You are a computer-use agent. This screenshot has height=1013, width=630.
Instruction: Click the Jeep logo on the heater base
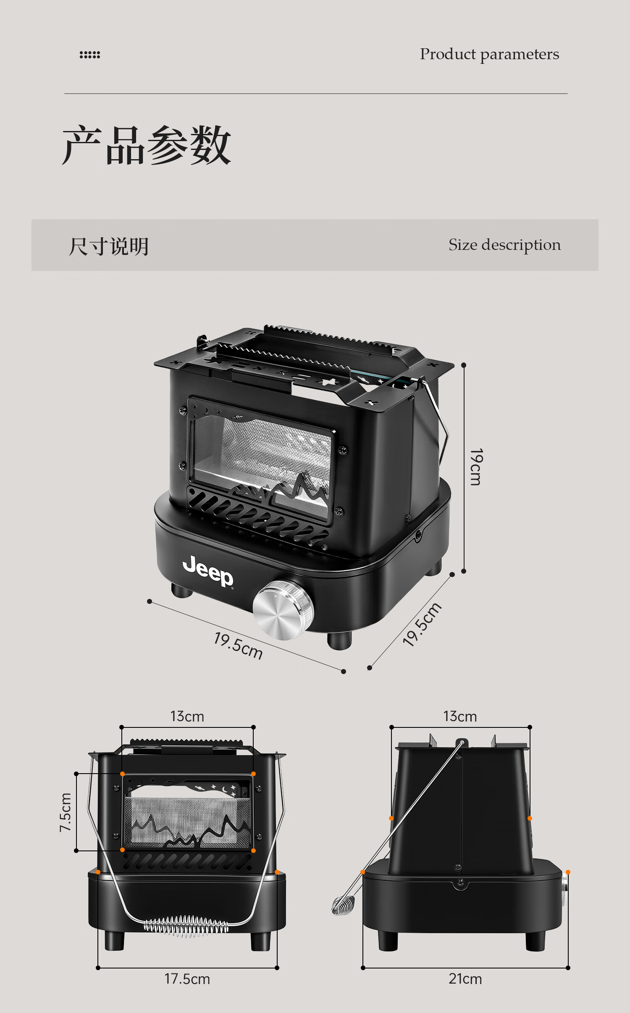click(x=208, y=570)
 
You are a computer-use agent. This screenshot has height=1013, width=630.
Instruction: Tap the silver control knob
click(x=283, y=610)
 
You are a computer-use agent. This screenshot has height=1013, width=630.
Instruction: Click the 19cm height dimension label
click(x=476, y=467)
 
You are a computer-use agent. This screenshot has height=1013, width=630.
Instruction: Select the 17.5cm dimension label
click(x=187, y=979)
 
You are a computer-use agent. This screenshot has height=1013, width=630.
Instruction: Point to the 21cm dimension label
click(x=465, y=979)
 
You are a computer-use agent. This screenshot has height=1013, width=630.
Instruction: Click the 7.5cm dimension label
click(x=66, y=812)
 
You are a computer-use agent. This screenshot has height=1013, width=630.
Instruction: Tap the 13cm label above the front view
click(x=187, y=716)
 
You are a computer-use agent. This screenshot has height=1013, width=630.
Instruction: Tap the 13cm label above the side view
click(x=460, y=716)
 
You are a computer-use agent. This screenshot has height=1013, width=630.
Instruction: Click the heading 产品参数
click(x=147, y=145)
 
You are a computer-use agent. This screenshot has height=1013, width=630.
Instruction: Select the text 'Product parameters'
click(x=489, y=54)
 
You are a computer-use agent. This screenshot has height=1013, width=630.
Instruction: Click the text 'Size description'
click(x=504, y=245)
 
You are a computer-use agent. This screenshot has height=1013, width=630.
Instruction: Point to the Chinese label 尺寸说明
click(x=109, y=246)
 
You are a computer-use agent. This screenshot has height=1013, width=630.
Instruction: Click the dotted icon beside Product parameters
click(x=90, y=55)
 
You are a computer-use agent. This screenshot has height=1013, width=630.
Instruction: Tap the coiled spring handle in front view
click(x=186, y=926)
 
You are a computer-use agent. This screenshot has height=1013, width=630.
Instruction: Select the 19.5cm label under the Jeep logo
click(x=238, y=646)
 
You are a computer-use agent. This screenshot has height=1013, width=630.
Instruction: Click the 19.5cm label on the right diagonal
click(x=422, y=625)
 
